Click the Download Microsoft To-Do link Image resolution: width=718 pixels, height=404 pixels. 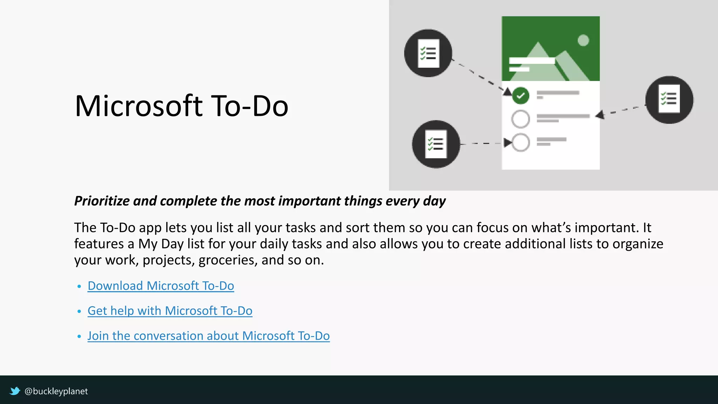(x=161, y=286)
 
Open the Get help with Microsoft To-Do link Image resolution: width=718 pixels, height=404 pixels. (x=170, y=311)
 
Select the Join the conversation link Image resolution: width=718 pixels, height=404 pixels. (x=208, y=336)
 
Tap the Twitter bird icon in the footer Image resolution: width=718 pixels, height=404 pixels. (x=15, y=391)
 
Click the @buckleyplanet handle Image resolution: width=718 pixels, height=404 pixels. (x=56, y=391)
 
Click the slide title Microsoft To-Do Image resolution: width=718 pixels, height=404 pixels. (x=181, y=106)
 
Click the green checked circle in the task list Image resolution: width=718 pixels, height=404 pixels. (x=521, y=95)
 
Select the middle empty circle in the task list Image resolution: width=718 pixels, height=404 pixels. (x=521, y=119)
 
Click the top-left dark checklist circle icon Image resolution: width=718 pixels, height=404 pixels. (x=428, y=53)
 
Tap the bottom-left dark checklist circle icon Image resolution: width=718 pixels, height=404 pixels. (x=436, y=144)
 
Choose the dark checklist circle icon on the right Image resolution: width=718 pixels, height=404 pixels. (x=669, y=100)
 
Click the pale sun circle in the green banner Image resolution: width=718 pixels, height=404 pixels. (x=583, y=40)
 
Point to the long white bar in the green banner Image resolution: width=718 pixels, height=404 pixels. (x=532, y=61)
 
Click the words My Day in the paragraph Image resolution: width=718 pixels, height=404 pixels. (x=161, y=244)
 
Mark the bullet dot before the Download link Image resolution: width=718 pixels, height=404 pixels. (x=79, y=287)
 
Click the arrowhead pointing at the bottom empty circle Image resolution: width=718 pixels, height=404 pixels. (x=507, y=143)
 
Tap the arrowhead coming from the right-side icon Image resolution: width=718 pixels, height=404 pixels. (x=600, y=115)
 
